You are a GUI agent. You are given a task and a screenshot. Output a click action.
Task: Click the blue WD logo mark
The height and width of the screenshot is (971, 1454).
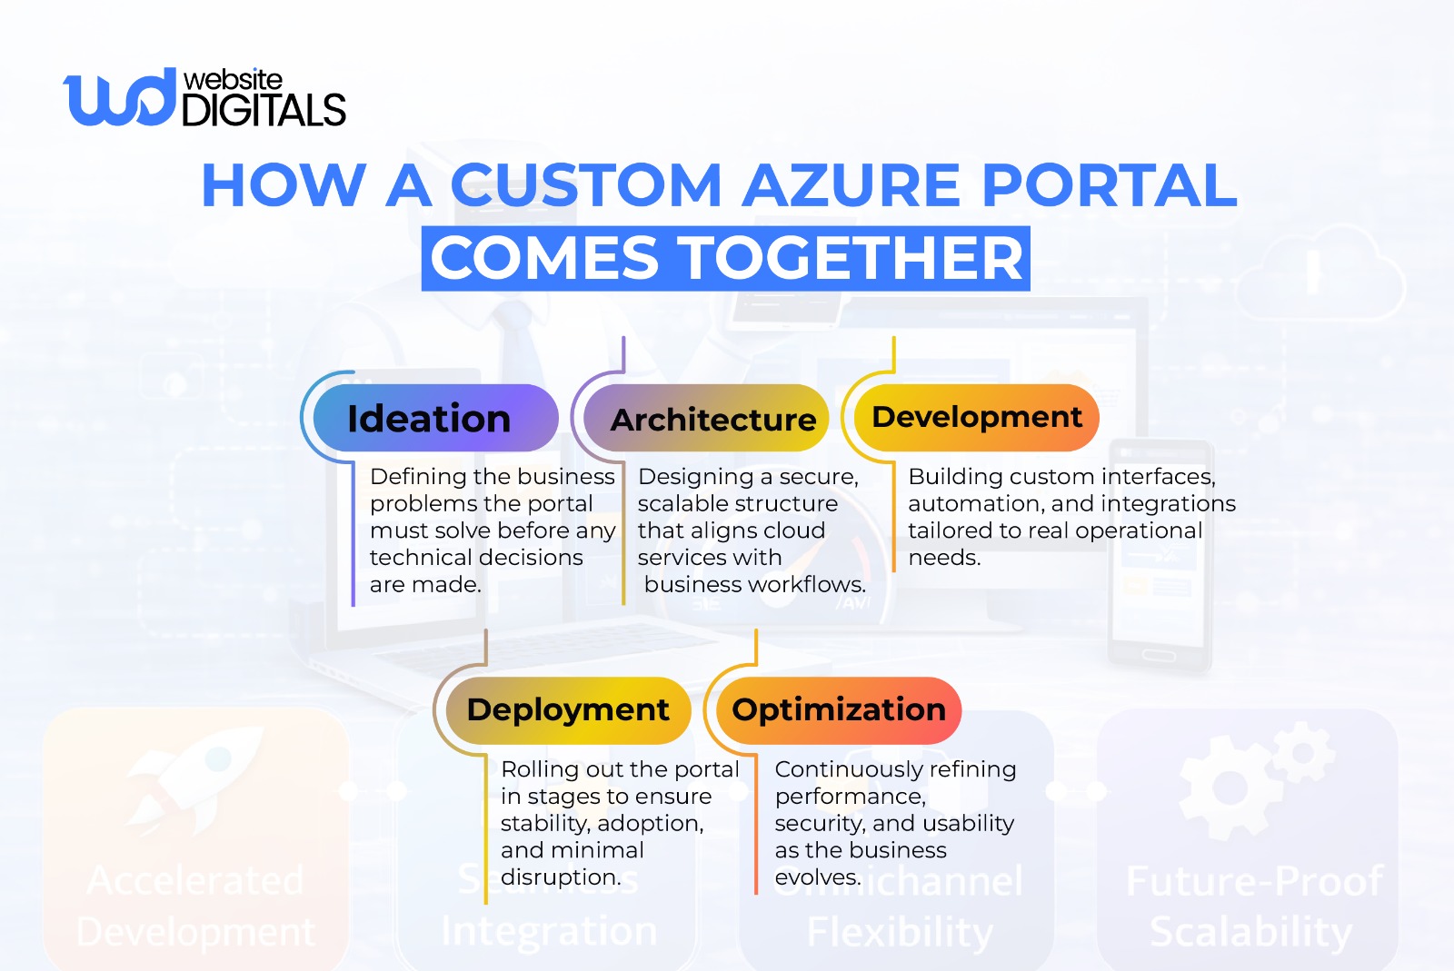click(x=118, y=97)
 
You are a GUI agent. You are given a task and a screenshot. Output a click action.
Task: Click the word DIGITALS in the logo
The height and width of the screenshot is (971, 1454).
click(x=264, y=111)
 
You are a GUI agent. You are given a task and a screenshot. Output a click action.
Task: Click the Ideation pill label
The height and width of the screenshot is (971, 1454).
click(x=429, y=419)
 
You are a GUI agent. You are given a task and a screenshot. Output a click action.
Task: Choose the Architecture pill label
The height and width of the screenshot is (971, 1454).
click(x=713, y=420)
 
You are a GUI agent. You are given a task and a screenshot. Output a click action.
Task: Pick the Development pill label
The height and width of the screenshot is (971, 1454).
click(x=976, y=417)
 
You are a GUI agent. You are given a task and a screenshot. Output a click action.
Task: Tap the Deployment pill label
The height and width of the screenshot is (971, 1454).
click(x=567, y=709)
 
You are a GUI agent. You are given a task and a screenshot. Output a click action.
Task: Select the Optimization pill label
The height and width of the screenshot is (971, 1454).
click(x=839, y=709)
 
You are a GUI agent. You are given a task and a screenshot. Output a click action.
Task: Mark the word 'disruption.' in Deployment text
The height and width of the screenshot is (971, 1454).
click(x=561, y=877)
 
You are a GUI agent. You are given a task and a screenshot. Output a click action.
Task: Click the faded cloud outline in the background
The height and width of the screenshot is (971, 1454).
click(x=1322, y=277)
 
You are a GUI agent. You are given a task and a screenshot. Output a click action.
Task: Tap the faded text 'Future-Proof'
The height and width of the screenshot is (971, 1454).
click(x=1254, y=881)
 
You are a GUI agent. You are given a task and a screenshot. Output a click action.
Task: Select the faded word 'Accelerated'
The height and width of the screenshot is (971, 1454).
click(x=195, y=881)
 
